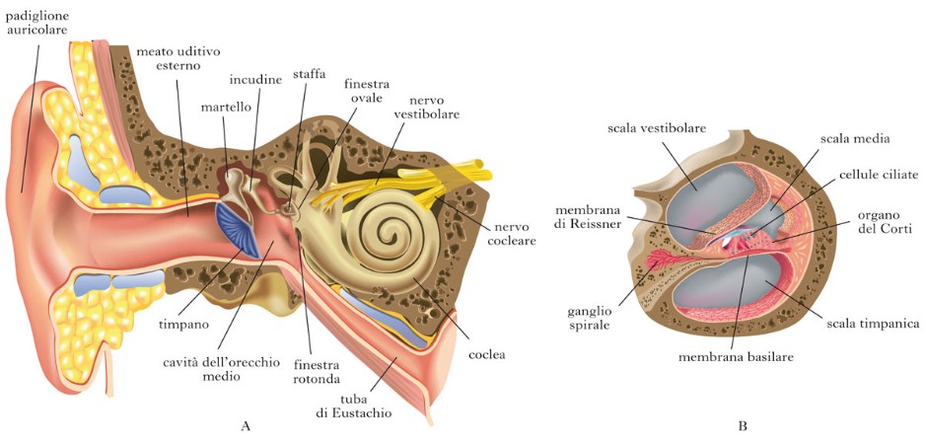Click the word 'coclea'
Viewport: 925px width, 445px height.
pos(486,355)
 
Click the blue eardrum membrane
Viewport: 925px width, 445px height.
pos(240,230)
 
